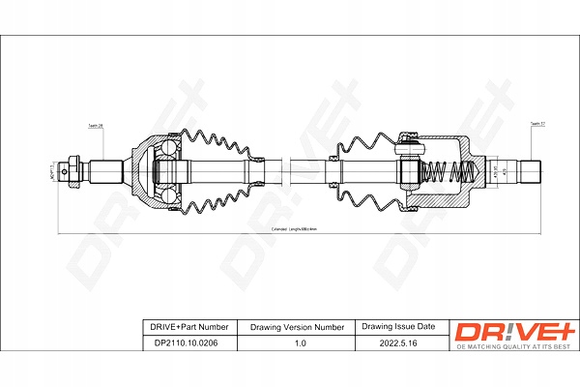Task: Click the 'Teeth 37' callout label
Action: point(536,124)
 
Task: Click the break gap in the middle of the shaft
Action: point(291,173)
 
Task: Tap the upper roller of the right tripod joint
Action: point(409,147)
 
